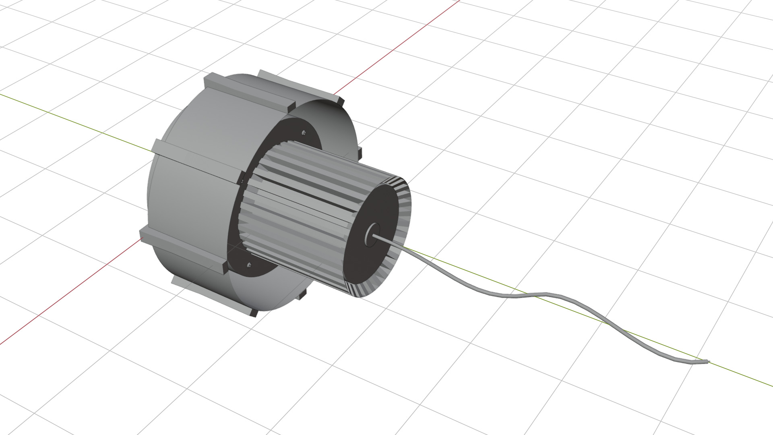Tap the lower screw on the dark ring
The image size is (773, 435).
click(x=249, y=265)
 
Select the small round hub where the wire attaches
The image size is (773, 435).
click(x=372, y=234)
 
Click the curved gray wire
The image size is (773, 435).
click(x=523, y=296)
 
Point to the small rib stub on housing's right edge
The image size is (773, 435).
click(x=359, y=152)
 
